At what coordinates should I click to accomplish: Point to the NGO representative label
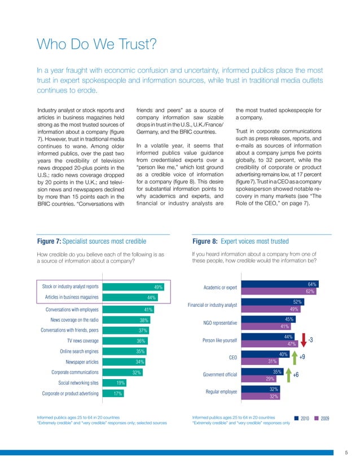coord(216,323)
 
